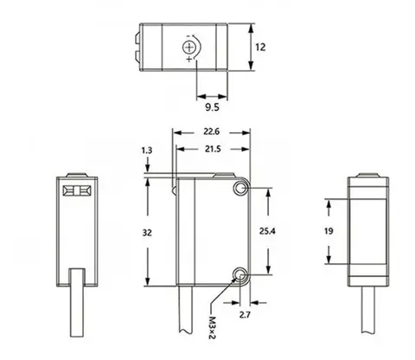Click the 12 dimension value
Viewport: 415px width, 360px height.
260,47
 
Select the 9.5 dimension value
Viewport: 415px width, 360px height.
212,107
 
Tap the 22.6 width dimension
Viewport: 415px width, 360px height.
212,132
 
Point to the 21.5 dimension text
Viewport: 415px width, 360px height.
213,149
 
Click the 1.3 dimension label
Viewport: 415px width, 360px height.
147,151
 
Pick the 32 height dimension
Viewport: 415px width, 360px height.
147,233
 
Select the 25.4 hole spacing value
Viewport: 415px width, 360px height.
267,231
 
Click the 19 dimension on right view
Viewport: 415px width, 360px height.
329,231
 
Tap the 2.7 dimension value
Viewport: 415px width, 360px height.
245,315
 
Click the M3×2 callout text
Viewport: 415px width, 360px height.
212,328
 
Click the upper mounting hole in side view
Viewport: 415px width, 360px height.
239,189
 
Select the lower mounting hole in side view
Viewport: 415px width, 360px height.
239,274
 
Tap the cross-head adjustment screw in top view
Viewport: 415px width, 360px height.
188,48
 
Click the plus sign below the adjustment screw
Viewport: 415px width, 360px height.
188,60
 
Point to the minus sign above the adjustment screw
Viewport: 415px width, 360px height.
188,36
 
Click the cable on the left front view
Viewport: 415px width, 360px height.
77,303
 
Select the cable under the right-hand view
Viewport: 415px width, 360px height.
368,310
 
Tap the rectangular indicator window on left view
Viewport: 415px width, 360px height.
77,190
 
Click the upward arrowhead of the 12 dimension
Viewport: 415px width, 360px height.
252,29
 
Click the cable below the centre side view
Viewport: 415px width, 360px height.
185,309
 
